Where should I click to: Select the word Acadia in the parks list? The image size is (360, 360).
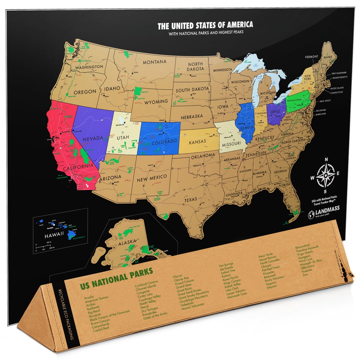[x=89, y=296]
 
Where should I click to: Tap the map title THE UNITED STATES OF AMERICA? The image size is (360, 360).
[x=205, y=25]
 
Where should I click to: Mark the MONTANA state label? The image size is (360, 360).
[x=155, y=62]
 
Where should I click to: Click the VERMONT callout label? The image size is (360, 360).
[x=311, y=57]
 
